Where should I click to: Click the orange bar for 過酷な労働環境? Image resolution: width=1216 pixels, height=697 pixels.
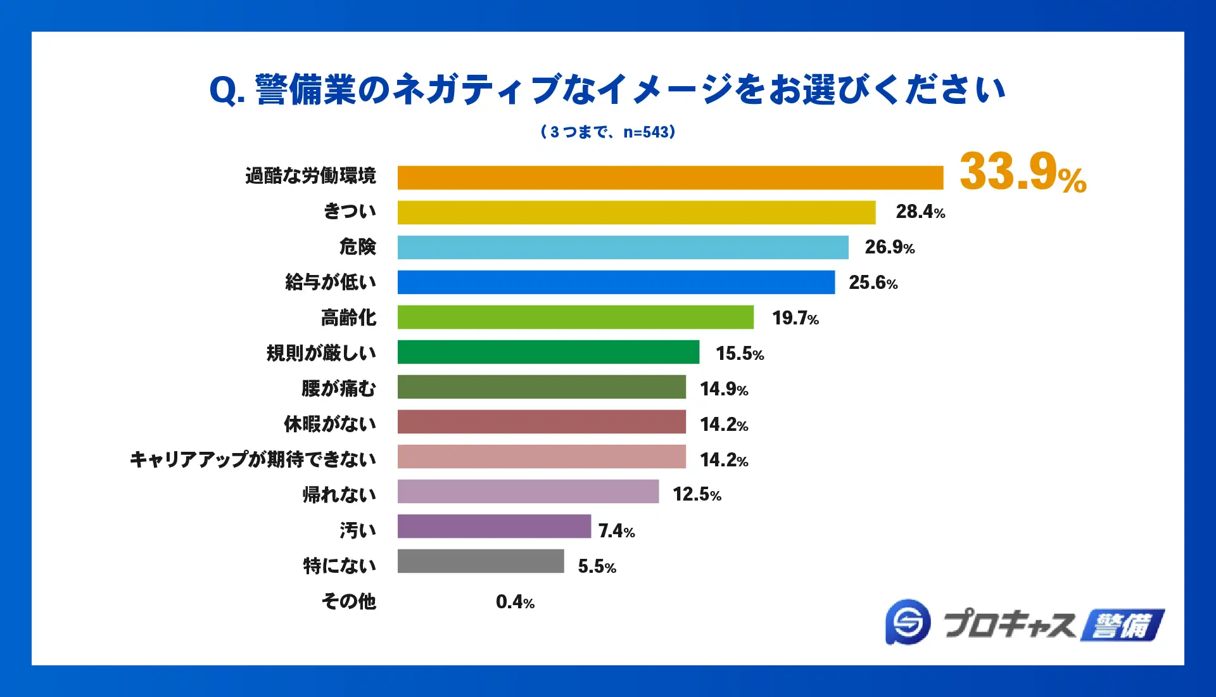click(x=670, y=177)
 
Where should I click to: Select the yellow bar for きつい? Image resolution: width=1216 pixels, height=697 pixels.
click(x=636, y=212)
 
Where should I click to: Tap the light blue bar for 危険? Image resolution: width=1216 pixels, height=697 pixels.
click(x=623, y=247)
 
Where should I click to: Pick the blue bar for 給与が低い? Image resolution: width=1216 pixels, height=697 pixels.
click(x=616, y=282)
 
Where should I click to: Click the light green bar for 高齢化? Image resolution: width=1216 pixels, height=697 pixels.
click(x=575, y=317)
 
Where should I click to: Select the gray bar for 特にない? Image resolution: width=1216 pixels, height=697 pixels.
click(x=480, y=561)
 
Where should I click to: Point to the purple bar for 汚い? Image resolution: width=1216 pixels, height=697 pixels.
click(x=494, y=526)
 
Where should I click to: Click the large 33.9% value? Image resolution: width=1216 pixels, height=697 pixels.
click(x=1022, y=172)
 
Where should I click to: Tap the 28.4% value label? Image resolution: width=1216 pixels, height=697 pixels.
click(x=920, y=212)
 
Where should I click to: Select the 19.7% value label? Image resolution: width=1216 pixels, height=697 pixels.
click(x=795, y=318)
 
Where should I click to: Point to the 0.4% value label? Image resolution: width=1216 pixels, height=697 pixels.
click(x=515, y=602)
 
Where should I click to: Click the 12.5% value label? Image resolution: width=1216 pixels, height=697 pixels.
click(x=697, y=494)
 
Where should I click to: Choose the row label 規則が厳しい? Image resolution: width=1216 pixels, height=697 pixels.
click(x=321, y=353)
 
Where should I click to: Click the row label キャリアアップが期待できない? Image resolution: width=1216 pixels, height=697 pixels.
click(x=253, y=459)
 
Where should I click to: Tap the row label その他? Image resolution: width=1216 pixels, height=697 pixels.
click(x=348, y=601)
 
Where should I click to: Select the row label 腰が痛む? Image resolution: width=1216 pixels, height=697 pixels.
click(x=339, y=388)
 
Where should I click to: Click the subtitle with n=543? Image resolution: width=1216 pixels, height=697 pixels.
click(x=608, y=132)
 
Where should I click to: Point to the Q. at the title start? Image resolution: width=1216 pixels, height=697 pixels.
click(x=226, y=91)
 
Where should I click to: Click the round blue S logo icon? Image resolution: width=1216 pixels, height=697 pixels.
click(x=908, y=622)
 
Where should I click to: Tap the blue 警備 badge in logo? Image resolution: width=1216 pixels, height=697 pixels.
click(x=1122, y=625)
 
